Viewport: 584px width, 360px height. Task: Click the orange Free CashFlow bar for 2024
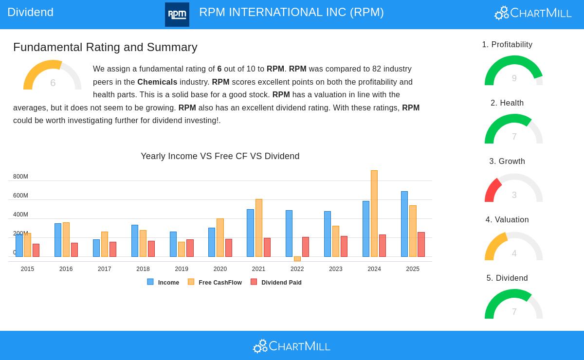pyautogui.click(x=374, y=214)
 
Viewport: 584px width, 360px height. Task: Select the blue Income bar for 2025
pyautogui.click(x=404, y=224)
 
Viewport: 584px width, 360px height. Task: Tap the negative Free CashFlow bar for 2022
pyautogui.click(x=297, y=259)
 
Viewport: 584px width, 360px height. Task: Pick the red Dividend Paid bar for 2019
pyautogui.click(x=190, y=248)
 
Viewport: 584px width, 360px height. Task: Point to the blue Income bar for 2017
pyautogui.click(x=96, y=248)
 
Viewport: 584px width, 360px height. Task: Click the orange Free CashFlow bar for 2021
pyautogui.click(x=259, y=228)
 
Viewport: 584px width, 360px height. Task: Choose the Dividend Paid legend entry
pyautogui.click(x=276, y=282)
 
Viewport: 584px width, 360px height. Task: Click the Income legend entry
pyautogui.click(x=164, y=282)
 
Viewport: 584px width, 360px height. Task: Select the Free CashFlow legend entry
pyautogui.click(x=215, y=282)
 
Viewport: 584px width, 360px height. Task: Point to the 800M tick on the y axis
pyautogui.click(x=20, y=177)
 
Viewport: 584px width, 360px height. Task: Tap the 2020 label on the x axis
pyautogui.click(x=220, y=269)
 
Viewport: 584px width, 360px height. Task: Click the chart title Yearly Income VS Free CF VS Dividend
pyautogui.click(x=220, y=156)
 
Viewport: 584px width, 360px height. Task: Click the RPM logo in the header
pyautogui.click(x=177, y=15)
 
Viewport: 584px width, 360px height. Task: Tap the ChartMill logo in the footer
pyautogui.click(x=292, y=346)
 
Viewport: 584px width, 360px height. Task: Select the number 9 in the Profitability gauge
pyautogui.click(x=514, y=78)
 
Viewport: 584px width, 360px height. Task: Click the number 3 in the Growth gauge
pyautogui.click(x=514, y=195)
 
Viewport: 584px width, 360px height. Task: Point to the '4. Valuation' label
pyautogui.click(x=507, y=220)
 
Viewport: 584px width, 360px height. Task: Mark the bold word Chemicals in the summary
pyautogui.click(x=157, y=82)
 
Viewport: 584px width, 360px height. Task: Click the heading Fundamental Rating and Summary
pyautogui.click(x=105, y=47)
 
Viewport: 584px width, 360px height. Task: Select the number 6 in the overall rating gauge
pyautogui.click(x=53, y=83)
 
